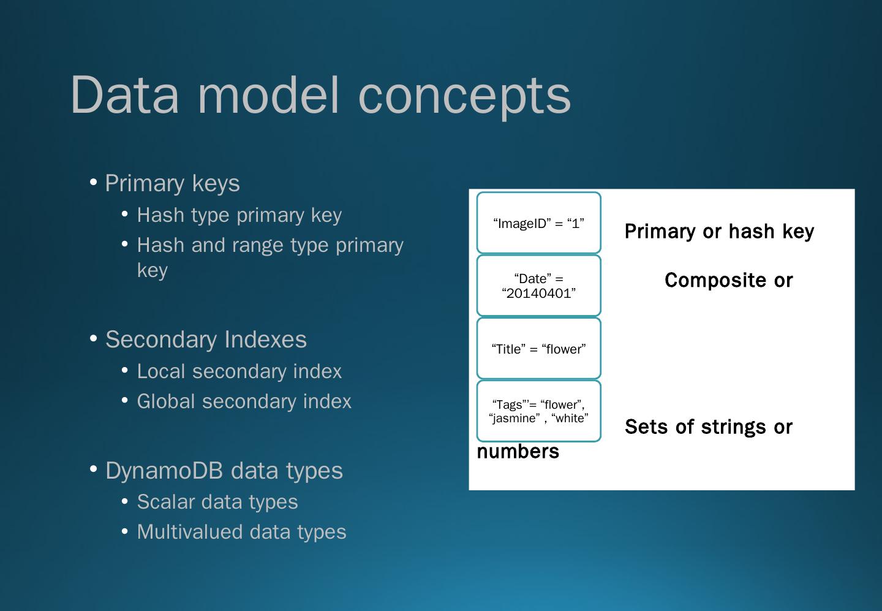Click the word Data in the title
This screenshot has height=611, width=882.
(x=126, y=94)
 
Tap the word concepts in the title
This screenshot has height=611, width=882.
(x=464, y=96)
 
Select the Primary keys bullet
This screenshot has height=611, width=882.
(x=172, y=183)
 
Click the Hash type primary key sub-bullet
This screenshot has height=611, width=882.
(x=239, y=215)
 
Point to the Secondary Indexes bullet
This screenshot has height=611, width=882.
(x=206, y=340)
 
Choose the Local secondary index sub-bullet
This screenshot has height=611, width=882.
(x=239, y=371)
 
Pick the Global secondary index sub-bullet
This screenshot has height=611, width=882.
(x=244, y=401)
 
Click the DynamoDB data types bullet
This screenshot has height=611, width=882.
(x=224, y=471)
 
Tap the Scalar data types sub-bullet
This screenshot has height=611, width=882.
(x=217, y=502)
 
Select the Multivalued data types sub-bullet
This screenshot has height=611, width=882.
(x=241, y=532)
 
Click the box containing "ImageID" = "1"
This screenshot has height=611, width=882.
(x=538, y=223)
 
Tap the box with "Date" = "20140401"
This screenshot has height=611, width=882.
(x=538, y=286)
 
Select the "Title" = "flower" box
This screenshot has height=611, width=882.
(x=538, y=349)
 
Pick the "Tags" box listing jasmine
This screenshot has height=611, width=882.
(x=538, y=411)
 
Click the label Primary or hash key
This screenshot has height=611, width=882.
(x=719, y=232)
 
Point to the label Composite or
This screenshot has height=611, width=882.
(x=728, y=281)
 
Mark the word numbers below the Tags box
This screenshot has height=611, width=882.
(x=518, y=452)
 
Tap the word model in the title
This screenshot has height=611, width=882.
(x=268, y=94)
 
